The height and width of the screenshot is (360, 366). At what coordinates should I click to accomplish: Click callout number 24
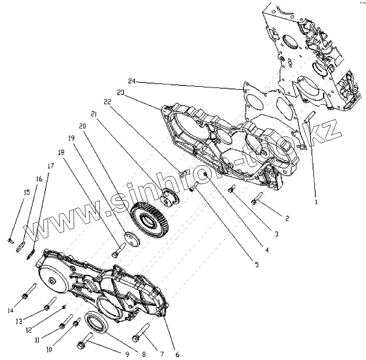[x=131, y=81]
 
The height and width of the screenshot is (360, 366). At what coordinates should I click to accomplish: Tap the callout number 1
[x=316, y=202]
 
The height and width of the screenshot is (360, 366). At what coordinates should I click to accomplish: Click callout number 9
[x=127, y=355]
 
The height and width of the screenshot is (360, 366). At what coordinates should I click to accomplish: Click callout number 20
[x=83, y=126]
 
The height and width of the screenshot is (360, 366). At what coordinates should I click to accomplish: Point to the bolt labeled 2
[x=255, y=198]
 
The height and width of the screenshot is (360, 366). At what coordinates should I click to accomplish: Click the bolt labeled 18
[x=117, y=250]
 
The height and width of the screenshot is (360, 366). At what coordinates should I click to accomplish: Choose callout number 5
[x=256, y=264]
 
